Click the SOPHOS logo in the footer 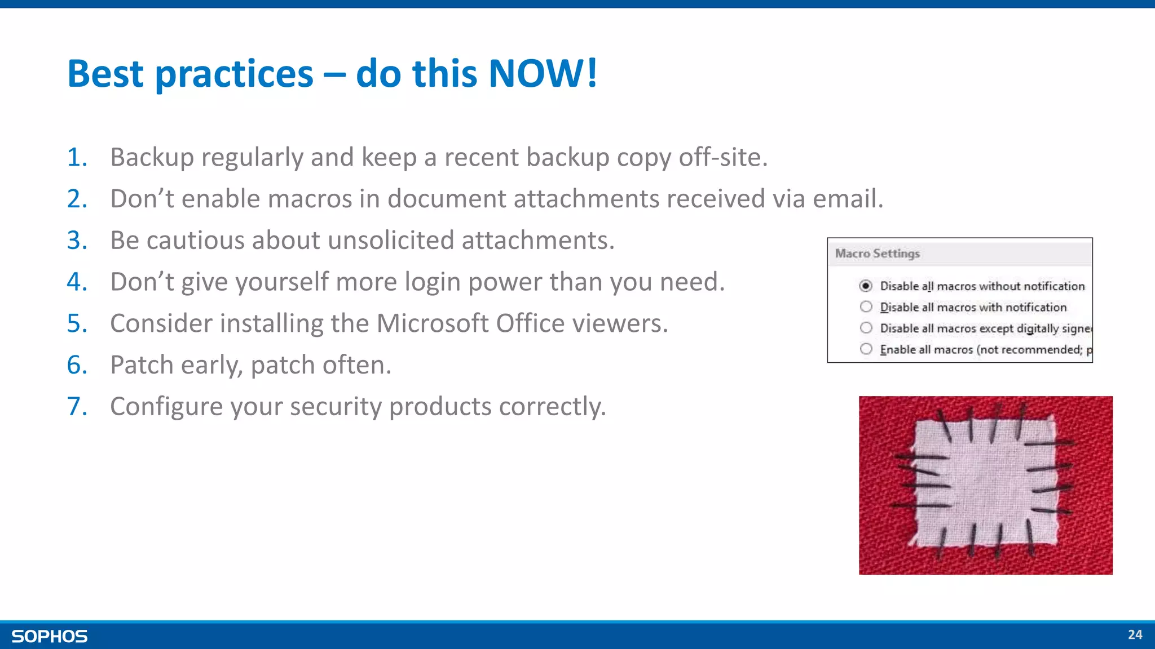[x=50, y=636]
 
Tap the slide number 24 [x=1135, y=635]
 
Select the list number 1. [x=77, y=157]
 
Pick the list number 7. [x=77, y=407]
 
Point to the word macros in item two [x=310, y=199]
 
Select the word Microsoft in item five [x=436, y=323]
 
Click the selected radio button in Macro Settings [x=866, y=286]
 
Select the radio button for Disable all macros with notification [x=866, y=307]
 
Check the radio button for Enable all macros [x=866, y=349]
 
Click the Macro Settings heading [x=877, y=254]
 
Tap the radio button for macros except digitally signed [x=866, y=328]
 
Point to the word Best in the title [x=105, y=73]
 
